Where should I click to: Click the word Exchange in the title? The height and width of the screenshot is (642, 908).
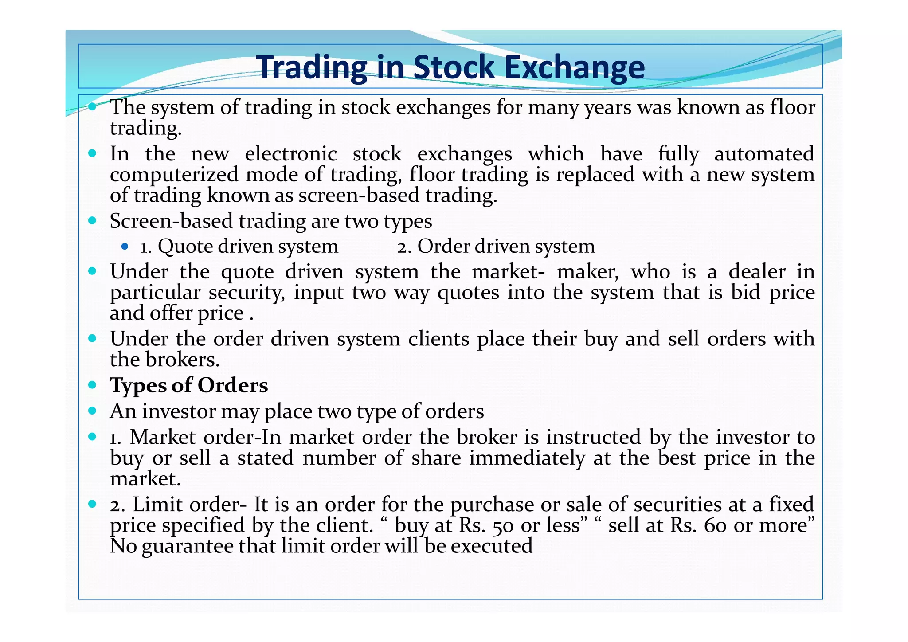[574, 67]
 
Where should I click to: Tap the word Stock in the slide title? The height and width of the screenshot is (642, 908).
[454, 67]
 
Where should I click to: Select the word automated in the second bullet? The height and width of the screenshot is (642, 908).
[764, 154]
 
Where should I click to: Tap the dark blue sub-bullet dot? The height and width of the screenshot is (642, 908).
[125, 246]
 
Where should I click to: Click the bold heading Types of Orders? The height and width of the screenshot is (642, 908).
[189, 385]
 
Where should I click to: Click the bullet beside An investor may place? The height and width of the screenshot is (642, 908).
[92, 411]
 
